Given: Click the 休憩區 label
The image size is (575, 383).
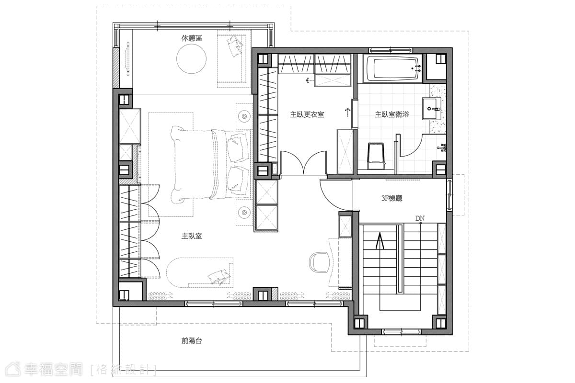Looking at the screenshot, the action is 192,38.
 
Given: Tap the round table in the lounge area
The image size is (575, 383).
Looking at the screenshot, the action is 191,59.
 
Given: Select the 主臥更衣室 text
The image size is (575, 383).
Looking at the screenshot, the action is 307,114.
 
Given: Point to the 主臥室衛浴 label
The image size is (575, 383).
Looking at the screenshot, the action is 392,114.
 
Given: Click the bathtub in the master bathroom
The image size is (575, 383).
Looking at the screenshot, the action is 394,69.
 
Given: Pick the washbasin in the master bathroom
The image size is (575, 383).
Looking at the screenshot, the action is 432,109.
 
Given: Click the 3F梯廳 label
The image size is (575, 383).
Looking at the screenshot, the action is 392,198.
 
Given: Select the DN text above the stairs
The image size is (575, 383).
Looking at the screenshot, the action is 420,218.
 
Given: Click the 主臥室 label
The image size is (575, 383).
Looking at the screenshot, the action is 192,236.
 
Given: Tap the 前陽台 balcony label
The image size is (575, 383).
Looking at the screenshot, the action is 192,341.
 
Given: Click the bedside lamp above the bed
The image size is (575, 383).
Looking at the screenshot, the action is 244,116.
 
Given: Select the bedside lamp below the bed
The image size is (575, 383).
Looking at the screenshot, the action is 244,213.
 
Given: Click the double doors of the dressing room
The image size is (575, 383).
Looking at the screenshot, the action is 303,163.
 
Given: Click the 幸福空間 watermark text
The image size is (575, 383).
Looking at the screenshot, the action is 53,370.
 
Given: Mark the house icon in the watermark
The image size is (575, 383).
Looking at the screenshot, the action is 13,369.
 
